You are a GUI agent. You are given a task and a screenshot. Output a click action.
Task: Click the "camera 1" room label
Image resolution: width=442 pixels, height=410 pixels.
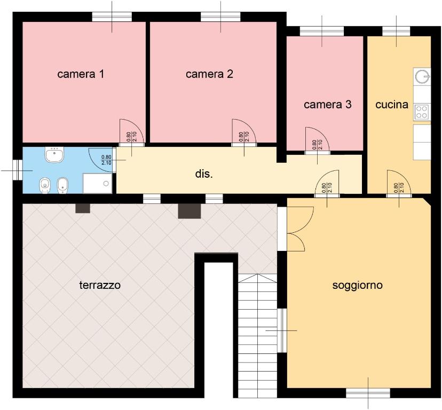(81, 74)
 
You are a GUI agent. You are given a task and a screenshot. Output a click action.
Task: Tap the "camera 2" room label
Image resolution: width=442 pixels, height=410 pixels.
(209, 74)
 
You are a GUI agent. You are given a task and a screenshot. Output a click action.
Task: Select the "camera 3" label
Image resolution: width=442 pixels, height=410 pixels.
(328, 105)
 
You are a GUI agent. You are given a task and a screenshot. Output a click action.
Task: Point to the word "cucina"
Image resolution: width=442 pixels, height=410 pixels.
(392, 105)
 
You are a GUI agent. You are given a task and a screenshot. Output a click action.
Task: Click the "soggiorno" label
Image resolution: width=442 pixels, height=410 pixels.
(358, 285)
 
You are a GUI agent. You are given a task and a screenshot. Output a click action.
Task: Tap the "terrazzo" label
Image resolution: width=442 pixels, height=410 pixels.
(100, 285)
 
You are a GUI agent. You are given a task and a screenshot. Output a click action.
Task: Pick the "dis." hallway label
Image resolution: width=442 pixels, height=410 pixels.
(204, 174)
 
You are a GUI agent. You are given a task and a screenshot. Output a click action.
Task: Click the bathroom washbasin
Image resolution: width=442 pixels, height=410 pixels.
(54, 154)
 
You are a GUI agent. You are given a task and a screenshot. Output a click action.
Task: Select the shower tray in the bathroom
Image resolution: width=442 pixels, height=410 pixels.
(97, 183)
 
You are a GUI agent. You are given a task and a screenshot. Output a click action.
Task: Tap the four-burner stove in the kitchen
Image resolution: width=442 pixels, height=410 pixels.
(421, 112)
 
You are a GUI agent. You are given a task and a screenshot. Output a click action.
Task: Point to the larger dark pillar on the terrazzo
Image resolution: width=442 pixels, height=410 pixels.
(189, 211)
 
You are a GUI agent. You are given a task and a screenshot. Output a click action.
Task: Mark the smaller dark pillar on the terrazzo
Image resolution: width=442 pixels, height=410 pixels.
(83, 208)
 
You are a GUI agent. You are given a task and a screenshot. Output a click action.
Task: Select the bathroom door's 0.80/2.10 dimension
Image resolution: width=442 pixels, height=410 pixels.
(106, 160)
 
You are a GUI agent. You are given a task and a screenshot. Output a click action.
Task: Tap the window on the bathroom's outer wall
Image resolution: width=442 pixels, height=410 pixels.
(18, 170)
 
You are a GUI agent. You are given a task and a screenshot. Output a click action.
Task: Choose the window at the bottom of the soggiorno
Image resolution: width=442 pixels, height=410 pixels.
(368, 393)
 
